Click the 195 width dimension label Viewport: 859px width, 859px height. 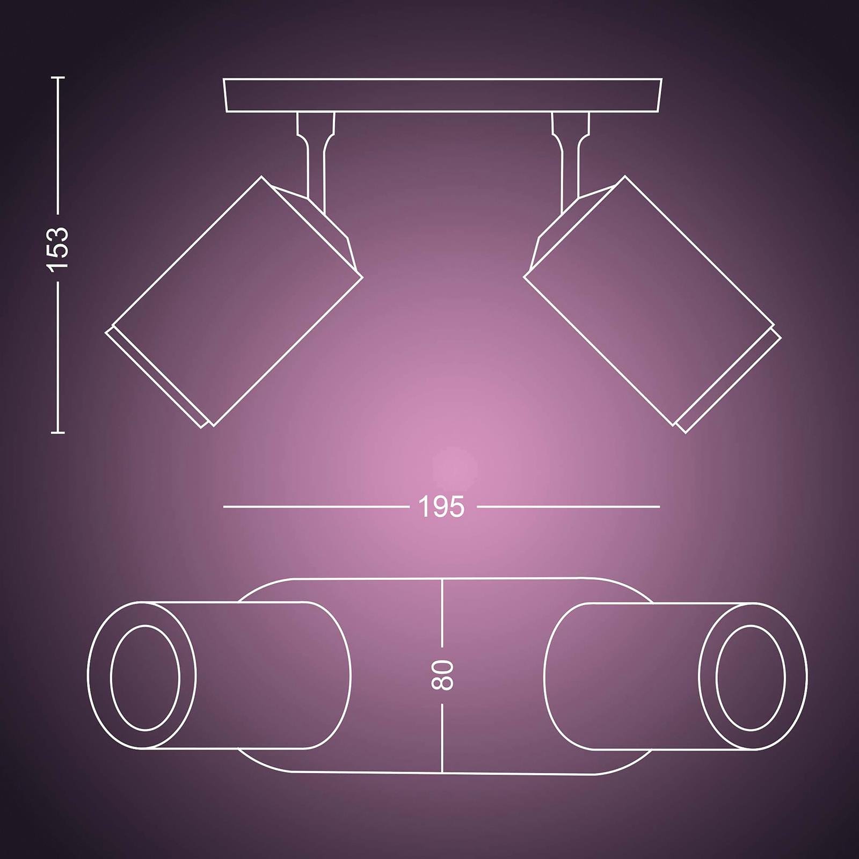pyautogui.click(x=441, y=507)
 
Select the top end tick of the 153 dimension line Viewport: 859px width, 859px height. pyautogui.click(x=59, y=78)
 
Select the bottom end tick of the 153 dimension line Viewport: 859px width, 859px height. pyautogui.click(x=59, y=431)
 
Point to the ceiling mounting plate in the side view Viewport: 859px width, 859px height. pyautogui.click(x=442, y=96)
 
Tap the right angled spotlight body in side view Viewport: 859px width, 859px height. pyautogui.click(x=651, y=301)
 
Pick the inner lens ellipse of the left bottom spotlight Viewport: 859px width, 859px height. pyautogui.click(x=145, y=678)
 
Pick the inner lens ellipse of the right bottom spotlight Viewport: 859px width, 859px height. pyautogui.click(x=751, y=678)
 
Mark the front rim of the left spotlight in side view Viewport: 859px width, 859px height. pyautogui.click(x=156, y=379)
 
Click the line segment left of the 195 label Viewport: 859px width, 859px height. pyautogui.click(x=317, y=506)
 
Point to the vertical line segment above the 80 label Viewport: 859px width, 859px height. pyautogui.click(x=442, y=612)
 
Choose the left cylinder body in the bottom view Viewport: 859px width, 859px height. pyautogui.click(x=268, y=675)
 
